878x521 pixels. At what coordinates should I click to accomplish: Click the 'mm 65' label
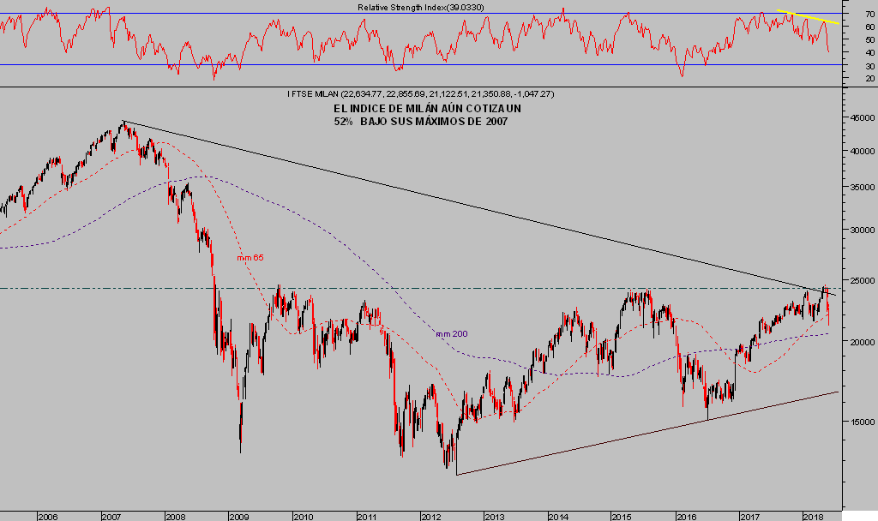click(250, 257)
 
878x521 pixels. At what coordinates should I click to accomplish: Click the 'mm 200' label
click(451, 333)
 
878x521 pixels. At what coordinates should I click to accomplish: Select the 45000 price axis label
click(858, 118)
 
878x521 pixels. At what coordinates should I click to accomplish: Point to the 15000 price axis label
click(858, 421)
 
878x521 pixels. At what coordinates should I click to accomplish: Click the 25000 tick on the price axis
click(858, 280)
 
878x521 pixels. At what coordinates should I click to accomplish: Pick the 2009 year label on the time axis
click(238, 517)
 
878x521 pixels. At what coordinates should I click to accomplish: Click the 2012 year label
click(430, 517)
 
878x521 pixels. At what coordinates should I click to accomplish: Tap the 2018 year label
click(813, 517)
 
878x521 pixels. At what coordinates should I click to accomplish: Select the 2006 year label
click(47, 517)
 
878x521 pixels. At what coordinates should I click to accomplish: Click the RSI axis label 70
click(869, 15)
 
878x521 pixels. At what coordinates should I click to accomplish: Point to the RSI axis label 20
click(869, 78)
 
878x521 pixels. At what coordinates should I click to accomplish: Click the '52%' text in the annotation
click(344, 122)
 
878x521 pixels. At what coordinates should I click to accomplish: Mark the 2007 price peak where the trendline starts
click(123, 122)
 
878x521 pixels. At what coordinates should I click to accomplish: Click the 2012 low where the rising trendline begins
click(456, 473)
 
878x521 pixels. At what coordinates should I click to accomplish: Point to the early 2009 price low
click(240, 451)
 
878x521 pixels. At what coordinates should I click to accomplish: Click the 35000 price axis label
click(858, 186)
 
